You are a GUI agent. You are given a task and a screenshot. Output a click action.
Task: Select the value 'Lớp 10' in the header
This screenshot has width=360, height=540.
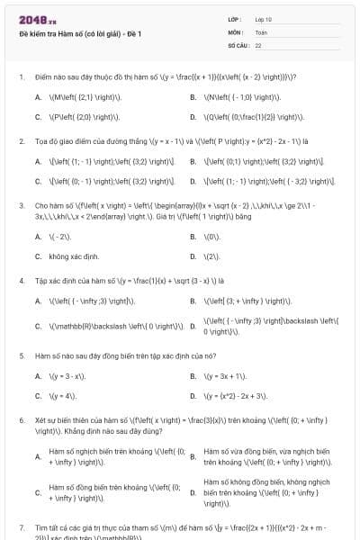264,19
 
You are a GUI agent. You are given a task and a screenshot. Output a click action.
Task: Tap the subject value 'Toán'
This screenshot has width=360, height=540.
261,31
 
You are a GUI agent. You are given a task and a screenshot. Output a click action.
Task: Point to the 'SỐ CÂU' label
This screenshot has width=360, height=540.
238,44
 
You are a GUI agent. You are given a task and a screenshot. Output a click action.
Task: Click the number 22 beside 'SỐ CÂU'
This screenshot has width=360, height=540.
258,44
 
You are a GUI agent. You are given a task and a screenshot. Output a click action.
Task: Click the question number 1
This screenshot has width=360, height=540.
21,76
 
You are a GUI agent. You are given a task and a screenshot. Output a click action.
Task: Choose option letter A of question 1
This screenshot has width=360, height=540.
38,96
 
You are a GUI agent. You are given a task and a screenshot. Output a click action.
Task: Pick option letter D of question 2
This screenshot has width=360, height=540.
193,181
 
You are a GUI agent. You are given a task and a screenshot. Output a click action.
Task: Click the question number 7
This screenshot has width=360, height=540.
21,526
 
